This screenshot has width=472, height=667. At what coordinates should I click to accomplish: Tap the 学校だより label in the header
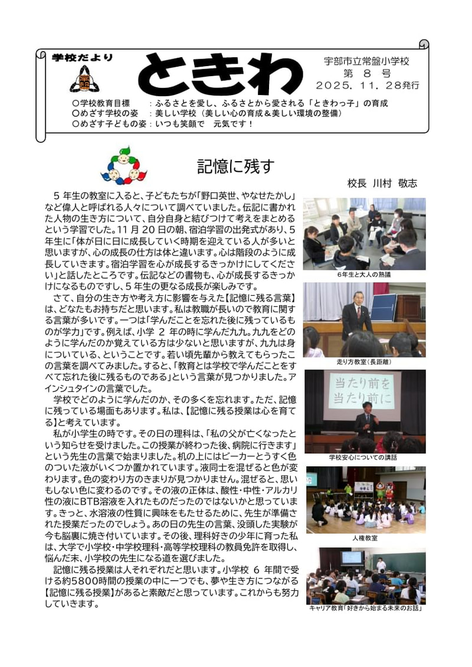point(82,58)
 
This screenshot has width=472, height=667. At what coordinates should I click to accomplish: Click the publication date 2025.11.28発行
point(368,86)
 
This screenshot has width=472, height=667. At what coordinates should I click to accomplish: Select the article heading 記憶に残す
point(235,167)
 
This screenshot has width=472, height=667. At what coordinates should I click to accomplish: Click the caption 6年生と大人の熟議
point(363,274)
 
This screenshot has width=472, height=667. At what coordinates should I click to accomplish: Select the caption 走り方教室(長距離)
point(363,362)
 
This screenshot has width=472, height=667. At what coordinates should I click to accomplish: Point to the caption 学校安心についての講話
point(363,457)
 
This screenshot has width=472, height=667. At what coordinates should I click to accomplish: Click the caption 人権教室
point(364,538)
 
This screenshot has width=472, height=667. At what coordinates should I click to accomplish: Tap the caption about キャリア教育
point(366,608)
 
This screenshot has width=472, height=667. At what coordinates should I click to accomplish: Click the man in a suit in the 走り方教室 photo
point(356,316)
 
